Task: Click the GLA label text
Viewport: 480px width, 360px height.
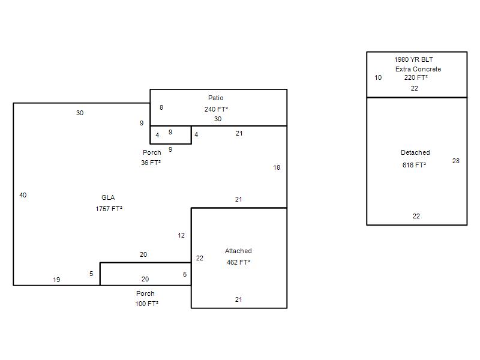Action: pos(108,197)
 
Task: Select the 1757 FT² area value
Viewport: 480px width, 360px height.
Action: pos(109,209)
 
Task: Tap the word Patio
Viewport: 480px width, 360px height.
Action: pos(216,98)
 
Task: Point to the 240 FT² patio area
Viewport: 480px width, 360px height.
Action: pos(216,109)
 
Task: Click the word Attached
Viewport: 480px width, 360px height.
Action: pos(238,251)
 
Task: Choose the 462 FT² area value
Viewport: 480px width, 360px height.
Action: pos(238,262)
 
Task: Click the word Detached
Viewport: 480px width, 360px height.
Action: pos(415,152)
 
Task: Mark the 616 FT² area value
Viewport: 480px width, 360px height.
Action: pos(414,165)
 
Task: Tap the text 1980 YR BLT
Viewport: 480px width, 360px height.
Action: pos(413,59)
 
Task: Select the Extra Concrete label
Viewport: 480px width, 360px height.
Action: pos(418,69)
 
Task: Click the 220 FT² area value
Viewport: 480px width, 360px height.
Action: pos(416,77)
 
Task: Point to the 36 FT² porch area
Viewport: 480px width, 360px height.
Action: pos(151,163)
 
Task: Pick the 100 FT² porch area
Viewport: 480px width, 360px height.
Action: pos(146,304)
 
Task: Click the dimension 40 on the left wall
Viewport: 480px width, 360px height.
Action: pos(23,195)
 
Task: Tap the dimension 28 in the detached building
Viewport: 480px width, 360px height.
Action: pos(456,161)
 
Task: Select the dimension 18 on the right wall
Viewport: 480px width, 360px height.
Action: pos(277,167)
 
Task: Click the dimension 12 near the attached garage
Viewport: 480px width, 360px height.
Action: pos(181,235)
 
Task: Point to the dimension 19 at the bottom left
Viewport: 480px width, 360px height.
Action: pos(56,280)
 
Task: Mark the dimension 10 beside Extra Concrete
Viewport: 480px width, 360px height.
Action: pos(378,77)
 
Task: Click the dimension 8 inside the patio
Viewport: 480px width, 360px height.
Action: pos(161,107)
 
